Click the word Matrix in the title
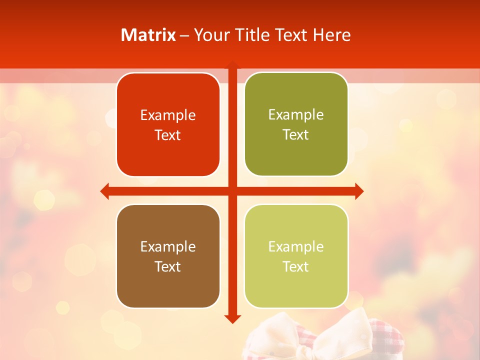148,35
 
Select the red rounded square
168,124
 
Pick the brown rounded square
168,256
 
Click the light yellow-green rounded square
296,256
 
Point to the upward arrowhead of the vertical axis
232,65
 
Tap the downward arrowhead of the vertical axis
232,318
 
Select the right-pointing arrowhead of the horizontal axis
359,191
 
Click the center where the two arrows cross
232,191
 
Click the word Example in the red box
168,115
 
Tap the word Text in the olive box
296,134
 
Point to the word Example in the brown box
168,246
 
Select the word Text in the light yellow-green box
296,266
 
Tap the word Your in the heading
209,35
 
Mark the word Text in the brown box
168,266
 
